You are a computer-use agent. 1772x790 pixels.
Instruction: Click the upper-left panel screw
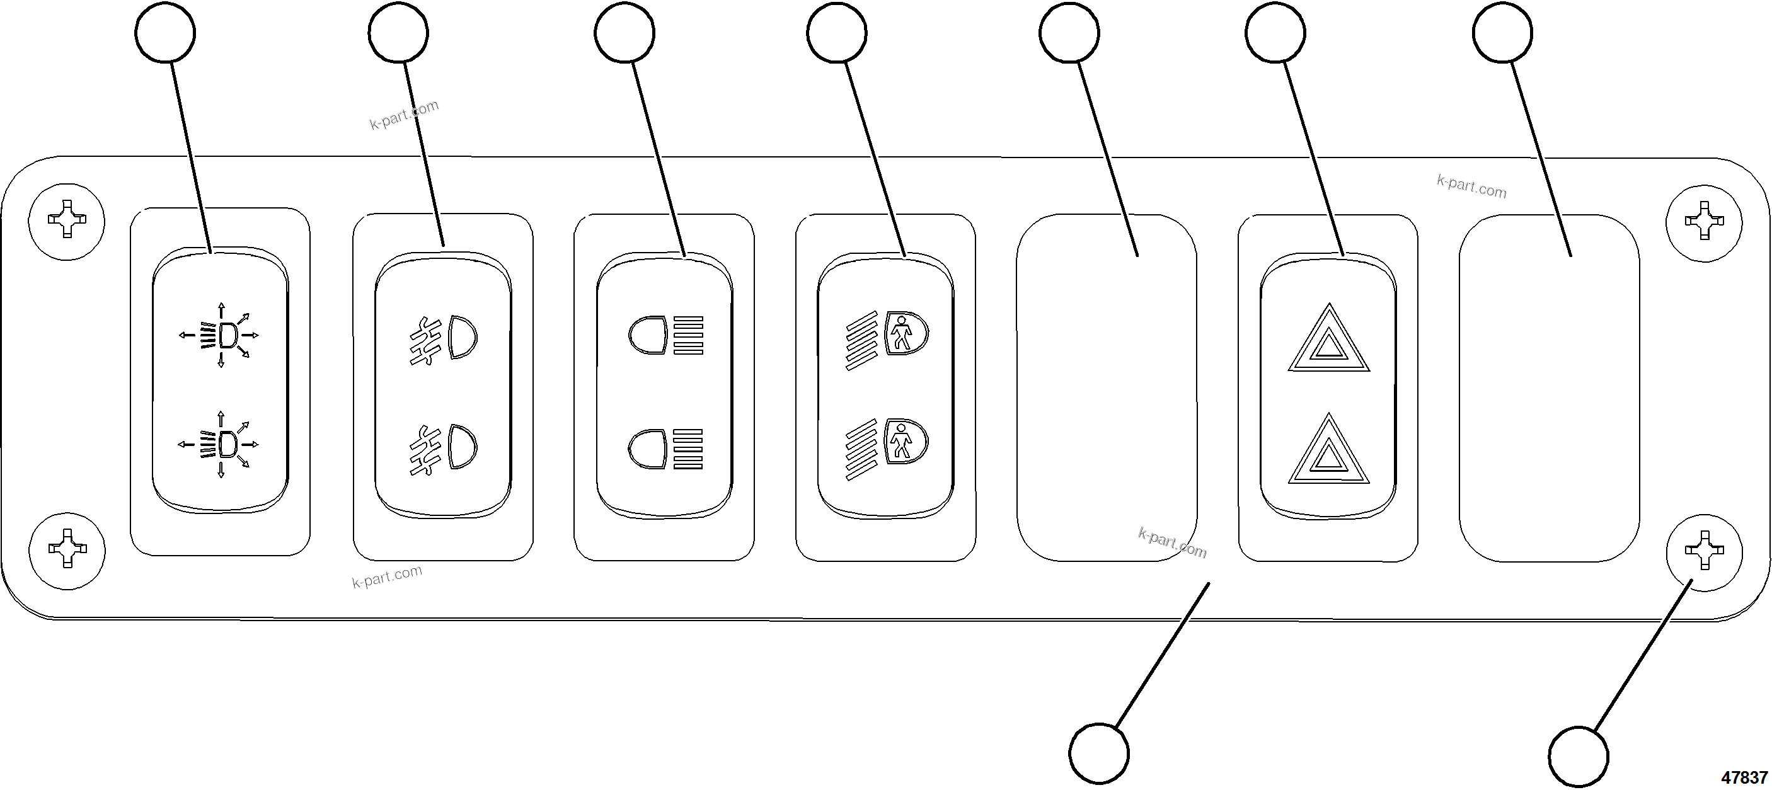pyautogui.click(x=67, y=220)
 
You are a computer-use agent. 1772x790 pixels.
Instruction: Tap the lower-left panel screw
pyautogui.click(x=67, y=549)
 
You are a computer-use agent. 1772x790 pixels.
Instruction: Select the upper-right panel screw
pyautogui.click(x=1703, y=220)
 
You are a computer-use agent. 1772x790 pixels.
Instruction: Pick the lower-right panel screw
pyautogui.click(x=1703, y=551)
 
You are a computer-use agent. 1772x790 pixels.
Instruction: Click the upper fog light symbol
pyautogui.click(x=444, y=338)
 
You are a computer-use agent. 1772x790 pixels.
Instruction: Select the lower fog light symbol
pyautogui.click(x=444, y=449)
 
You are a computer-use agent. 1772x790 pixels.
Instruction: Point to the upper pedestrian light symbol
pyautogui.click(x=887, y=338)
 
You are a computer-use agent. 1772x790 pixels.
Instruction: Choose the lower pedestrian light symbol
pyautogui.click(x=887, y=447)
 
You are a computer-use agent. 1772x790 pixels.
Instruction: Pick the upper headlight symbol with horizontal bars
pyautogui.click(x=666, y=336)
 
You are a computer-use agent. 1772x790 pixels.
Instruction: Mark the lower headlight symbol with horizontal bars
pyautogui.click(x=666, y=449)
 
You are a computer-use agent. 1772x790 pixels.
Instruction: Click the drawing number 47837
pyautogui.click(x=1744, y=777)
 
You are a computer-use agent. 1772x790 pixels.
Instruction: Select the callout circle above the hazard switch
pyautogui.click(x=1275, y=32)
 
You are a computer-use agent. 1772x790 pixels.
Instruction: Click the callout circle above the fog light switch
pyautogui.click(x=398, y=32)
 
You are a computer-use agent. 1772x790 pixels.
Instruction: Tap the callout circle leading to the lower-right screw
pyautogui.click(x=1578, y=755)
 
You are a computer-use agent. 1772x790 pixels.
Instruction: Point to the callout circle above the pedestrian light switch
pyautogui.click(x=836, y=32)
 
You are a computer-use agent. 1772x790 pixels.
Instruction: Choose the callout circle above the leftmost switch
pyautogui.click(x=165, y=32)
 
